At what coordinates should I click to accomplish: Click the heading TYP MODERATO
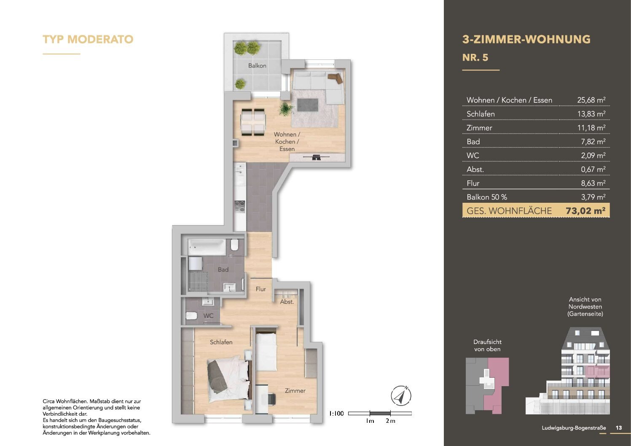point(88,39)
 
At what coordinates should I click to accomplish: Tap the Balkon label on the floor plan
point(257,66)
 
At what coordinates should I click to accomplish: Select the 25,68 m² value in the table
point(591,100)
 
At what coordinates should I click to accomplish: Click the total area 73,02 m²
point(585,211)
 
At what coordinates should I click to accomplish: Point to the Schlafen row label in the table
point(481,114)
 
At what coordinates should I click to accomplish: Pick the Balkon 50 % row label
point(486,197)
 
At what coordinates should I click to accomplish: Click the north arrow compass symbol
point(401,396)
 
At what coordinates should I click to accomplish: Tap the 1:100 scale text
point(336,414)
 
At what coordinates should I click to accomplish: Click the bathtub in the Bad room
point(207,247)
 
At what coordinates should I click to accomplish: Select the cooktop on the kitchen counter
point(239,207)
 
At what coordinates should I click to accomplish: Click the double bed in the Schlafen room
point(228,378)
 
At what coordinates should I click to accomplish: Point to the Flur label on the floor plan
point(260,289)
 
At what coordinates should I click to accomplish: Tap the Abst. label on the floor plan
point(287,302)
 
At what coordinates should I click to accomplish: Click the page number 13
point(618,427)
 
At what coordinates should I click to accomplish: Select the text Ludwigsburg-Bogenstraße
point(573,427)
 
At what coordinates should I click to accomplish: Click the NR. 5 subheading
point(475,57)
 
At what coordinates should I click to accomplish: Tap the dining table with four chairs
point(253,122)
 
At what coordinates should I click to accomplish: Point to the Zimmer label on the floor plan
point(295,391)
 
